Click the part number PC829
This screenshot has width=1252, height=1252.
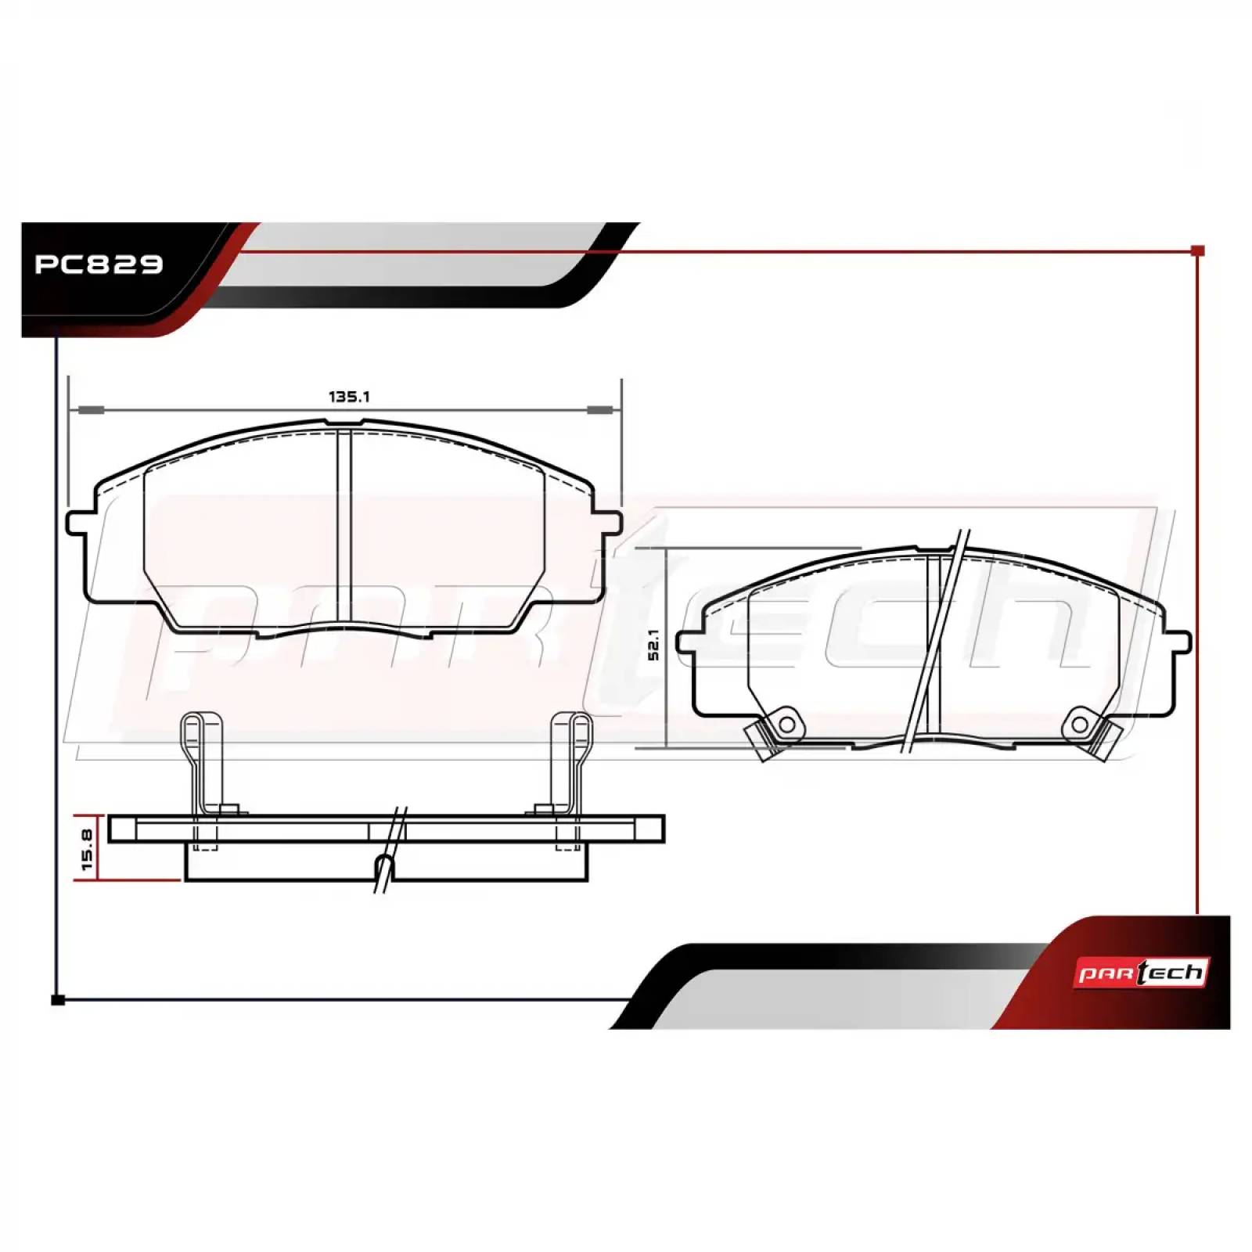[99, 264]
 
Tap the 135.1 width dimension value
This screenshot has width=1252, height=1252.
[348, 397]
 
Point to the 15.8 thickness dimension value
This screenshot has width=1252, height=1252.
[86, 849]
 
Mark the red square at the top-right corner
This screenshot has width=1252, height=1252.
[1197, 251]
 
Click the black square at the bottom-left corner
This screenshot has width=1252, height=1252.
[57, 999]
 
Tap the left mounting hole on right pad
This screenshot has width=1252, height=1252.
[786, 724]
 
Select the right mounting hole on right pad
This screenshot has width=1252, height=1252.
[1079, 724]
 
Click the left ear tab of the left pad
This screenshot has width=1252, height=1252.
[79, 522]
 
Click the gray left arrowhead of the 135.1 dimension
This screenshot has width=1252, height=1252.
[92, 410]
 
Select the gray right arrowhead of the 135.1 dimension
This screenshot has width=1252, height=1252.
[599, 410]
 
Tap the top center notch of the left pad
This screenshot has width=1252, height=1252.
[344, 426]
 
